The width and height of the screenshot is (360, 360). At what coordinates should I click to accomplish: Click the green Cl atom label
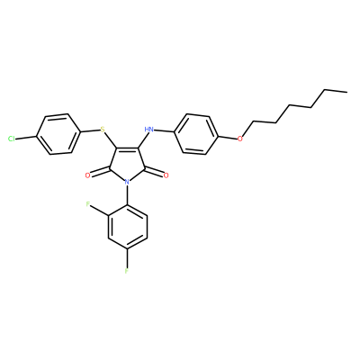click(x=12, y=139)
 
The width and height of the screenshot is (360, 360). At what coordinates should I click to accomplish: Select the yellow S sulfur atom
click(x=103, y=130)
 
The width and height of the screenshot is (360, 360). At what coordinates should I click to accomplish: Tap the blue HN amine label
click(x=148, y=130)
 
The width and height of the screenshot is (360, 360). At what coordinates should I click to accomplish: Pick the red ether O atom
click(x=239, y=139)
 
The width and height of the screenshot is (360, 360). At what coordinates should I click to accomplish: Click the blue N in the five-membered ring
click(x=127, y=182)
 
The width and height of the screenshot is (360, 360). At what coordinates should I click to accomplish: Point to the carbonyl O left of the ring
click(x=87, y=175)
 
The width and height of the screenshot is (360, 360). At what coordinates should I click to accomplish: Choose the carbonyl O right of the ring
click(x=166, y=175)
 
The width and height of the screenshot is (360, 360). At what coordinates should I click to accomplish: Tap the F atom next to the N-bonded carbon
click(x=88, y=204)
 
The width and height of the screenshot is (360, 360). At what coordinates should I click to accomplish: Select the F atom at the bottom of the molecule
click(x=127, y=271)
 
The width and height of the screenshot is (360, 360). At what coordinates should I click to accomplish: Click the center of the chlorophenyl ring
click(x=58, y=134)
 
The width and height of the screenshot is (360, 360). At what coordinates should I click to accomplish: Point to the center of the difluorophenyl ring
click(x=128, y=227)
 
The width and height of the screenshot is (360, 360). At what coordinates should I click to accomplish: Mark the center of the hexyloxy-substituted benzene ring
click(x=196, y=134)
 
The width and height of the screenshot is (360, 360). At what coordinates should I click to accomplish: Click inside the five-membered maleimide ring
click(x=127, y=164)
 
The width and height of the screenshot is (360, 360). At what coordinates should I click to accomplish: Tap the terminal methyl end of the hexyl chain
click(x=346, y=91)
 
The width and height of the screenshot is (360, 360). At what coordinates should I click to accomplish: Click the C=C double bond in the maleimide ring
click(x=125, y=148)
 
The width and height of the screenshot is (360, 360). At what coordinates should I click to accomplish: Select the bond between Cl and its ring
click(x=26, y=138)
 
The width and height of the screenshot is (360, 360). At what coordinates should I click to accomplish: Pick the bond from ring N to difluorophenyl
click(x=128, y=195)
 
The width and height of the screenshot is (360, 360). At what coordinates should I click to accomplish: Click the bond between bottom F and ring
click(x=128, y=258)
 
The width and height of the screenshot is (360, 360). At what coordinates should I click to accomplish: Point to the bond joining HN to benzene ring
click(x=164, y=131)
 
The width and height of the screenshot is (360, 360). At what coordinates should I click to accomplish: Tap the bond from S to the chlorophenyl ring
click(x=90, y=130)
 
